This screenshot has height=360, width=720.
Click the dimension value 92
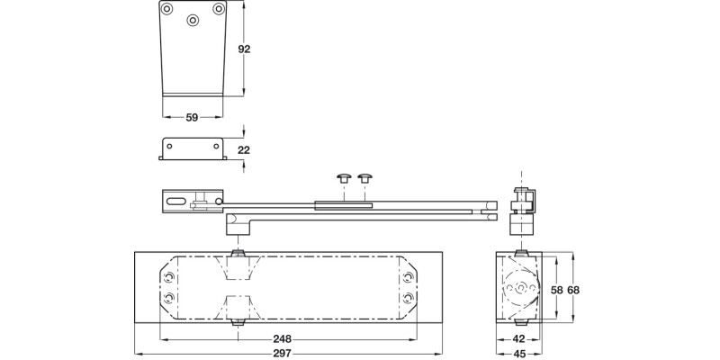coord(244,49)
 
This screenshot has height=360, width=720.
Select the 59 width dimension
coord(192,118)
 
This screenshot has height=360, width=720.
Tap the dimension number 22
coord(244,149)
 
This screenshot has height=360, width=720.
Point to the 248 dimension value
coord(282,339)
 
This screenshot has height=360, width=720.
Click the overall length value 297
coord(282,354)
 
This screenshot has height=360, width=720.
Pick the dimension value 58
coord(557,290)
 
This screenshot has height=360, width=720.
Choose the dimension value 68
coord(573,290)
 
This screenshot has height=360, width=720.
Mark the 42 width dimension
coord(518,339)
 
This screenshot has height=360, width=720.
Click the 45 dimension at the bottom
coord(519,354)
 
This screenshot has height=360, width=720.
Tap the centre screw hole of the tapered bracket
coord(193,20)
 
